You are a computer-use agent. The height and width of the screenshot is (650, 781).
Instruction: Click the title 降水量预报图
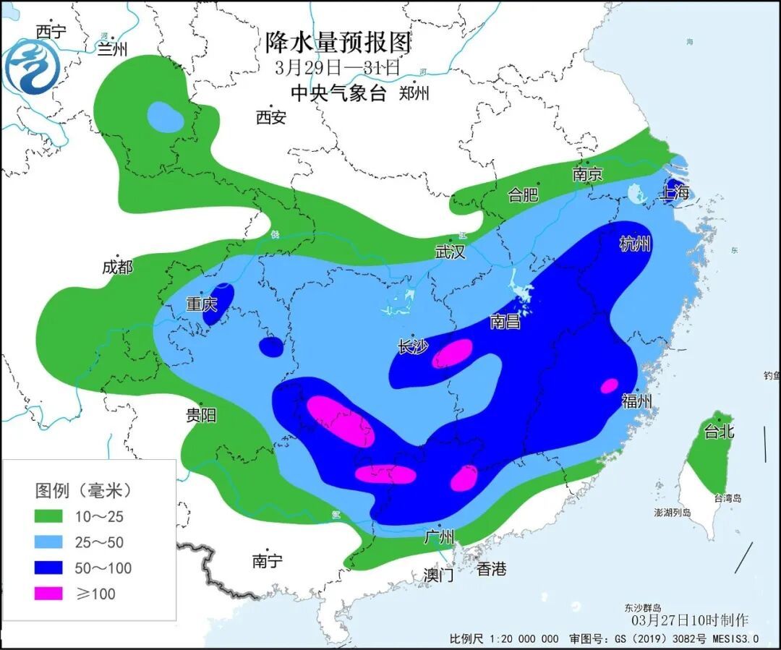tap(338, 43)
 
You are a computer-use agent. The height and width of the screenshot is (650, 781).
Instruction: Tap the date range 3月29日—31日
tap(337, 69)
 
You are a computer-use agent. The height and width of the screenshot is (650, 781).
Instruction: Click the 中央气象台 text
tap(338, 93)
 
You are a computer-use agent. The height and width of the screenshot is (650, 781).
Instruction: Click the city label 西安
tap(271, 117)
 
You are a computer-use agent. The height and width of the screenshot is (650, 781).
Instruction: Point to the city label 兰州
tap(112, 48)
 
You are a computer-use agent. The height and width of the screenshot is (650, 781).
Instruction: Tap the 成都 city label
tap(117, 268)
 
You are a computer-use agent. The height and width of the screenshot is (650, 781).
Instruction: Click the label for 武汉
tap(450, 252)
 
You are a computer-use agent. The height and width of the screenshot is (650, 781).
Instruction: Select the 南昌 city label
tap(505, 322)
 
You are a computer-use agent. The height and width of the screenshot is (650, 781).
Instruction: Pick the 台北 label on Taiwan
tap(719, 432)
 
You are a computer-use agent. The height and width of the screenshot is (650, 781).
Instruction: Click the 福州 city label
tap(637, 401)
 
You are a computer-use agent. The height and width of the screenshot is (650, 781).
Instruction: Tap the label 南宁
tap(267, 561)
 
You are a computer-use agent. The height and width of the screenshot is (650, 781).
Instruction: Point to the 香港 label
tap(491, 569)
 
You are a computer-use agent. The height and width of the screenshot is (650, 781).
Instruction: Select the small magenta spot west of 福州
tap(610, 385)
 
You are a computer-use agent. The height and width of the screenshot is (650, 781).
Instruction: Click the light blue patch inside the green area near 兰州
tap(166, 116)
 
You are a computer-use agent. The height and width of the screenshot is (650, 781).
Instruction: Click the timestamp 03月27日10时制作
tap(690, 620)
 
